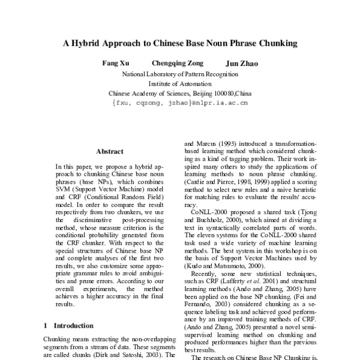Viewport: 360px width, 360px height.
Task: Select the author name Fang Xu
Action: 112,62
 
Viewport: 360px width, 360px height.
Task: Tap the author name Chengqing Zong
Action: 178,62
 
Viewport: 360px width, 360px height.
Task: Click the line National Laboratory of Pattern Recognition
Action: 180,74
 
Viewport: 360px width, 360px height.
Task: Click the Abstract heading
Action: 110,152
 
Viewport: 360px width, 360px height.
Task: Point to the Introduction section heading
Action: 73,326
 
